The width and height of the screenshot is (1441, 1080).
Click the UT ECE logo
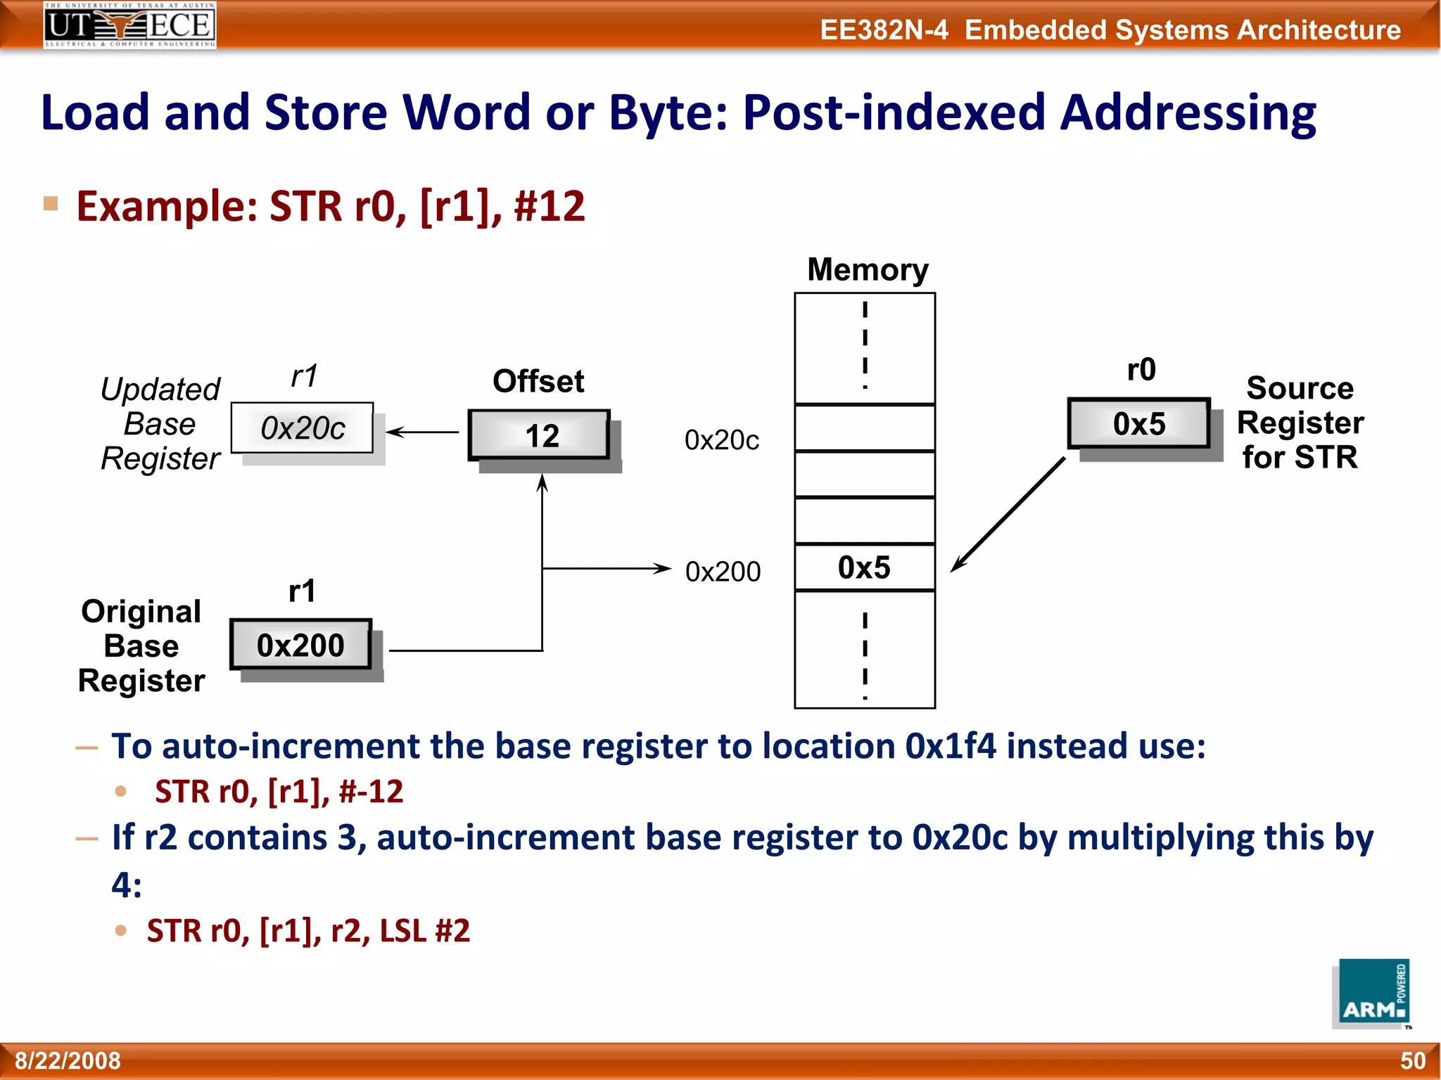(129, 25)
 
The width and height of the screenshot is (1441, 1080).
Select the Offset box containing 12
(540, 435)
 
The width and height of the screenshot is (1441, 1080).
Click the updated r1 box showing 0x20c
(303, 428)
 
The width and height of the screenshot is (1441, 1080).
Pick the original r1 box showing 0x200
(300, 645)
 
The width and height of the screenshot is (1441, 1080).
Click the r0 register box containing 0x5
(1138, 424)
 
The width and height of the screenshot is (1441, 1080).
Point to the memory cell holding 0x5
(865, 567)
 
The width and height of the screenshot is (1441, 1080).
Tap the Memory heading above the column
(868, 270)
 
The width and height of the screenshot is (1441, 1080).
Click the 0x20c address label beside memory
(722, 440)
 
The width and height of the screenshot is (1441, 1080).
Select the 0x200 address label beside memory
(723, 572)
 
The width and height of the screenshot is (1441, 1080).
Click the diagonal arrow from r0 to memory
(1008, 515)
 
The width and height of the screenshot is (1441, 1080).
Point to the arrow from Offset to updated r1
(421, 432)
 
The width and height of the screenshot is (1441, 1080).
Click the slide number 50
(1412, 1060)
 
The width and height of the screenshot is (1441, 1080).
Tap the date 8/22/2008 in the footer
(68, 1060)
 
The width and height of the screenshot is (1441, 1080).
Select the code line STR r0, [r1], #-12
(279, 792)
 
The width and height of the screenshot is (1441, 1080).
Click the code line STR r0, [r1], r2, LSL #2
(308, 931)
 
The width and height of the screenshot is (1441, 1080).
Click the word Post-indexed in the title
(894, 112)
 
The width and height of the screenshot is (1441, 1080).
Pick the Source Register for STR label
(1300, 423)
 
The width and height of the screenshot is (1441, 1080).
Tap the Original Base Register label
(141, 646)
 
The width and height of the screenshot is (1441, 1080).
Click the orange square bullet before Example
(51, 204)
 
